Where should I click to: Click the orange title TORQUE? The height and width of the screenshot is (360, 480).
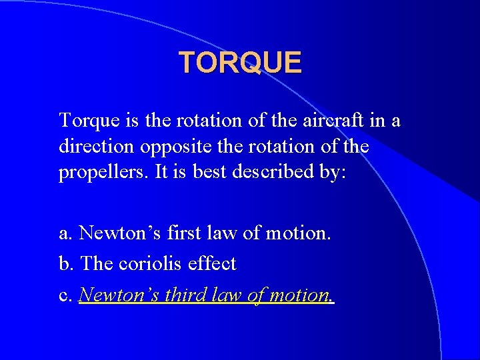pyautogui.click(x=240, y=63)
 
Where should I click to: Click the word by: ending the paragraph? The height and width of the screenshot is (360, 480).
pyautogui.click(x=331, y=173)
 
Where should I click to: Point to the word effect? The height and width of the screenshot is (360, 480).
pyautogui.click(x=213, y=263)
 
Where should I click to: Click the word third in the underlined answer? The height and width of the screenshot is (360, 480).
pyautogui.click(x=187, y=294)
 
